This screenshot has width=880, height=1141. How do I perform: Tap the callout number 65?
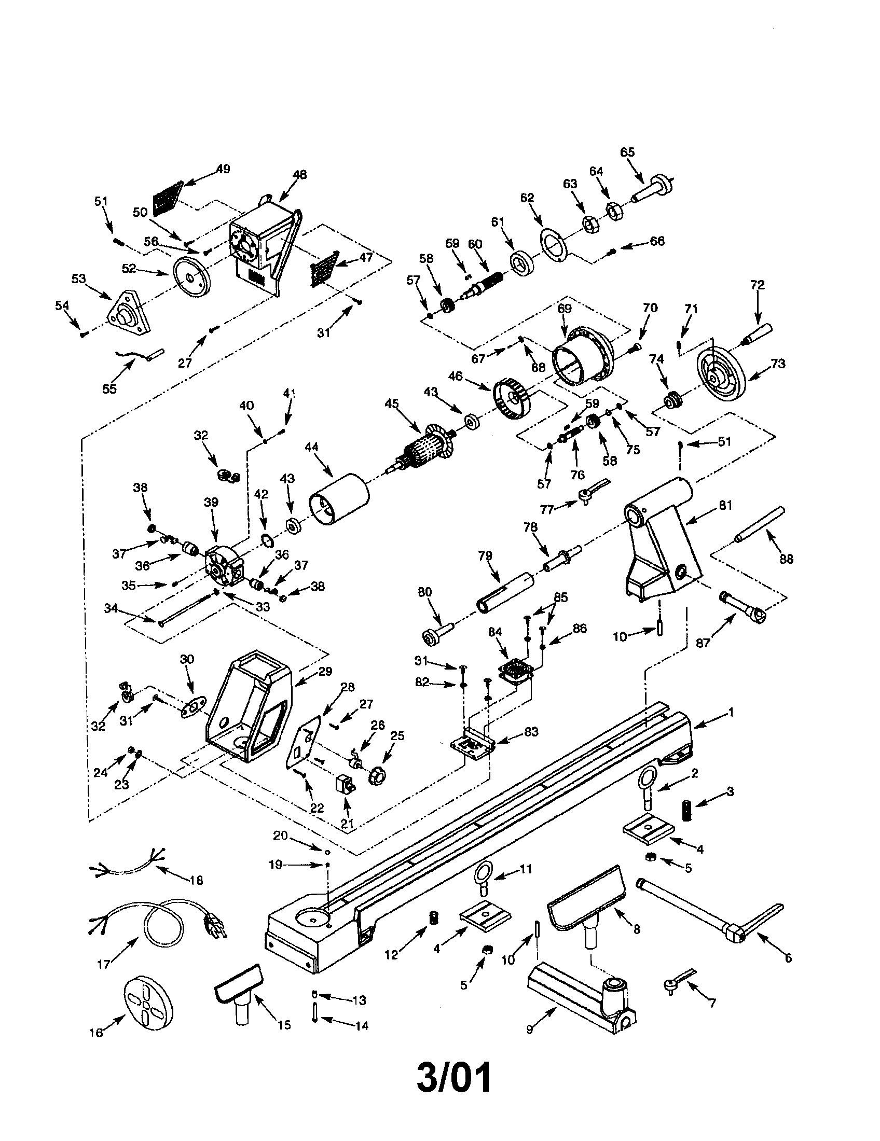627,152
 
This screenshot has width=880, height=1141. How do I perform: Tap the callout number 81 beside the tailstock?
725,505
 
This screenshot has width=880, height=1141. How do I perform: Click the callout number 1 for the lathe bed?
731,712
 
